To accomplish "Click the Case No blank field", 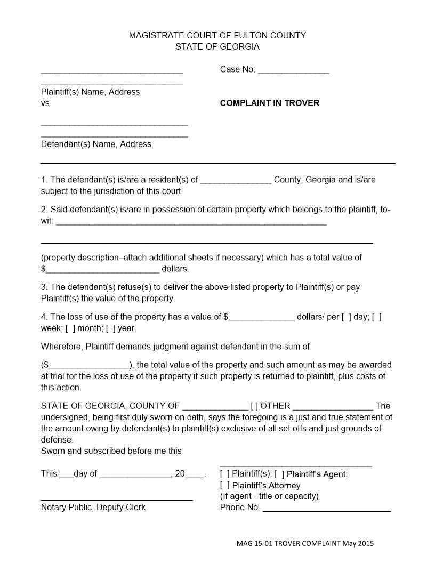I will tap(293, 70).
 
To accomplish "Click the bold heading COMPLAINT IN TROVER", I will tap(269, 103).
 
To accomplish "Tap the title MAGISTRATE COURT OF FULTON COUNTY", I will tap(217, 35).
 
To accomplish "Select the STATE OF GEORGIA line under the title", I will tap(217, 46).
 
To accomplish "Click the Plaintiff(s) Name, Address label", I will tap(90, 92).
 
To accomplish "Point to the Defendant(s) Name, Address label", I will tap(96, 144).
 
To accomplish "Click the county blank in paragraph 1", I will tap(236, 180).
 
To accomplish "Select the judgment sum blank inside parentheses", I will tap(89, 366).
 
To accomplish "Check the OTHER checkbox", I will tap(254, 406).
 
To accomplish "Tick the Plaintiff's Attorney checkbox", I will tap(224, 486).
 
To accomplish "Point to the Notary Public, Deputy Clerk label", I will tap(93, 507).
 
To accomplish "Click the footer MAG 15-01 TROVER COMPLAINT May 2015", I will tap(305, 543).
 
